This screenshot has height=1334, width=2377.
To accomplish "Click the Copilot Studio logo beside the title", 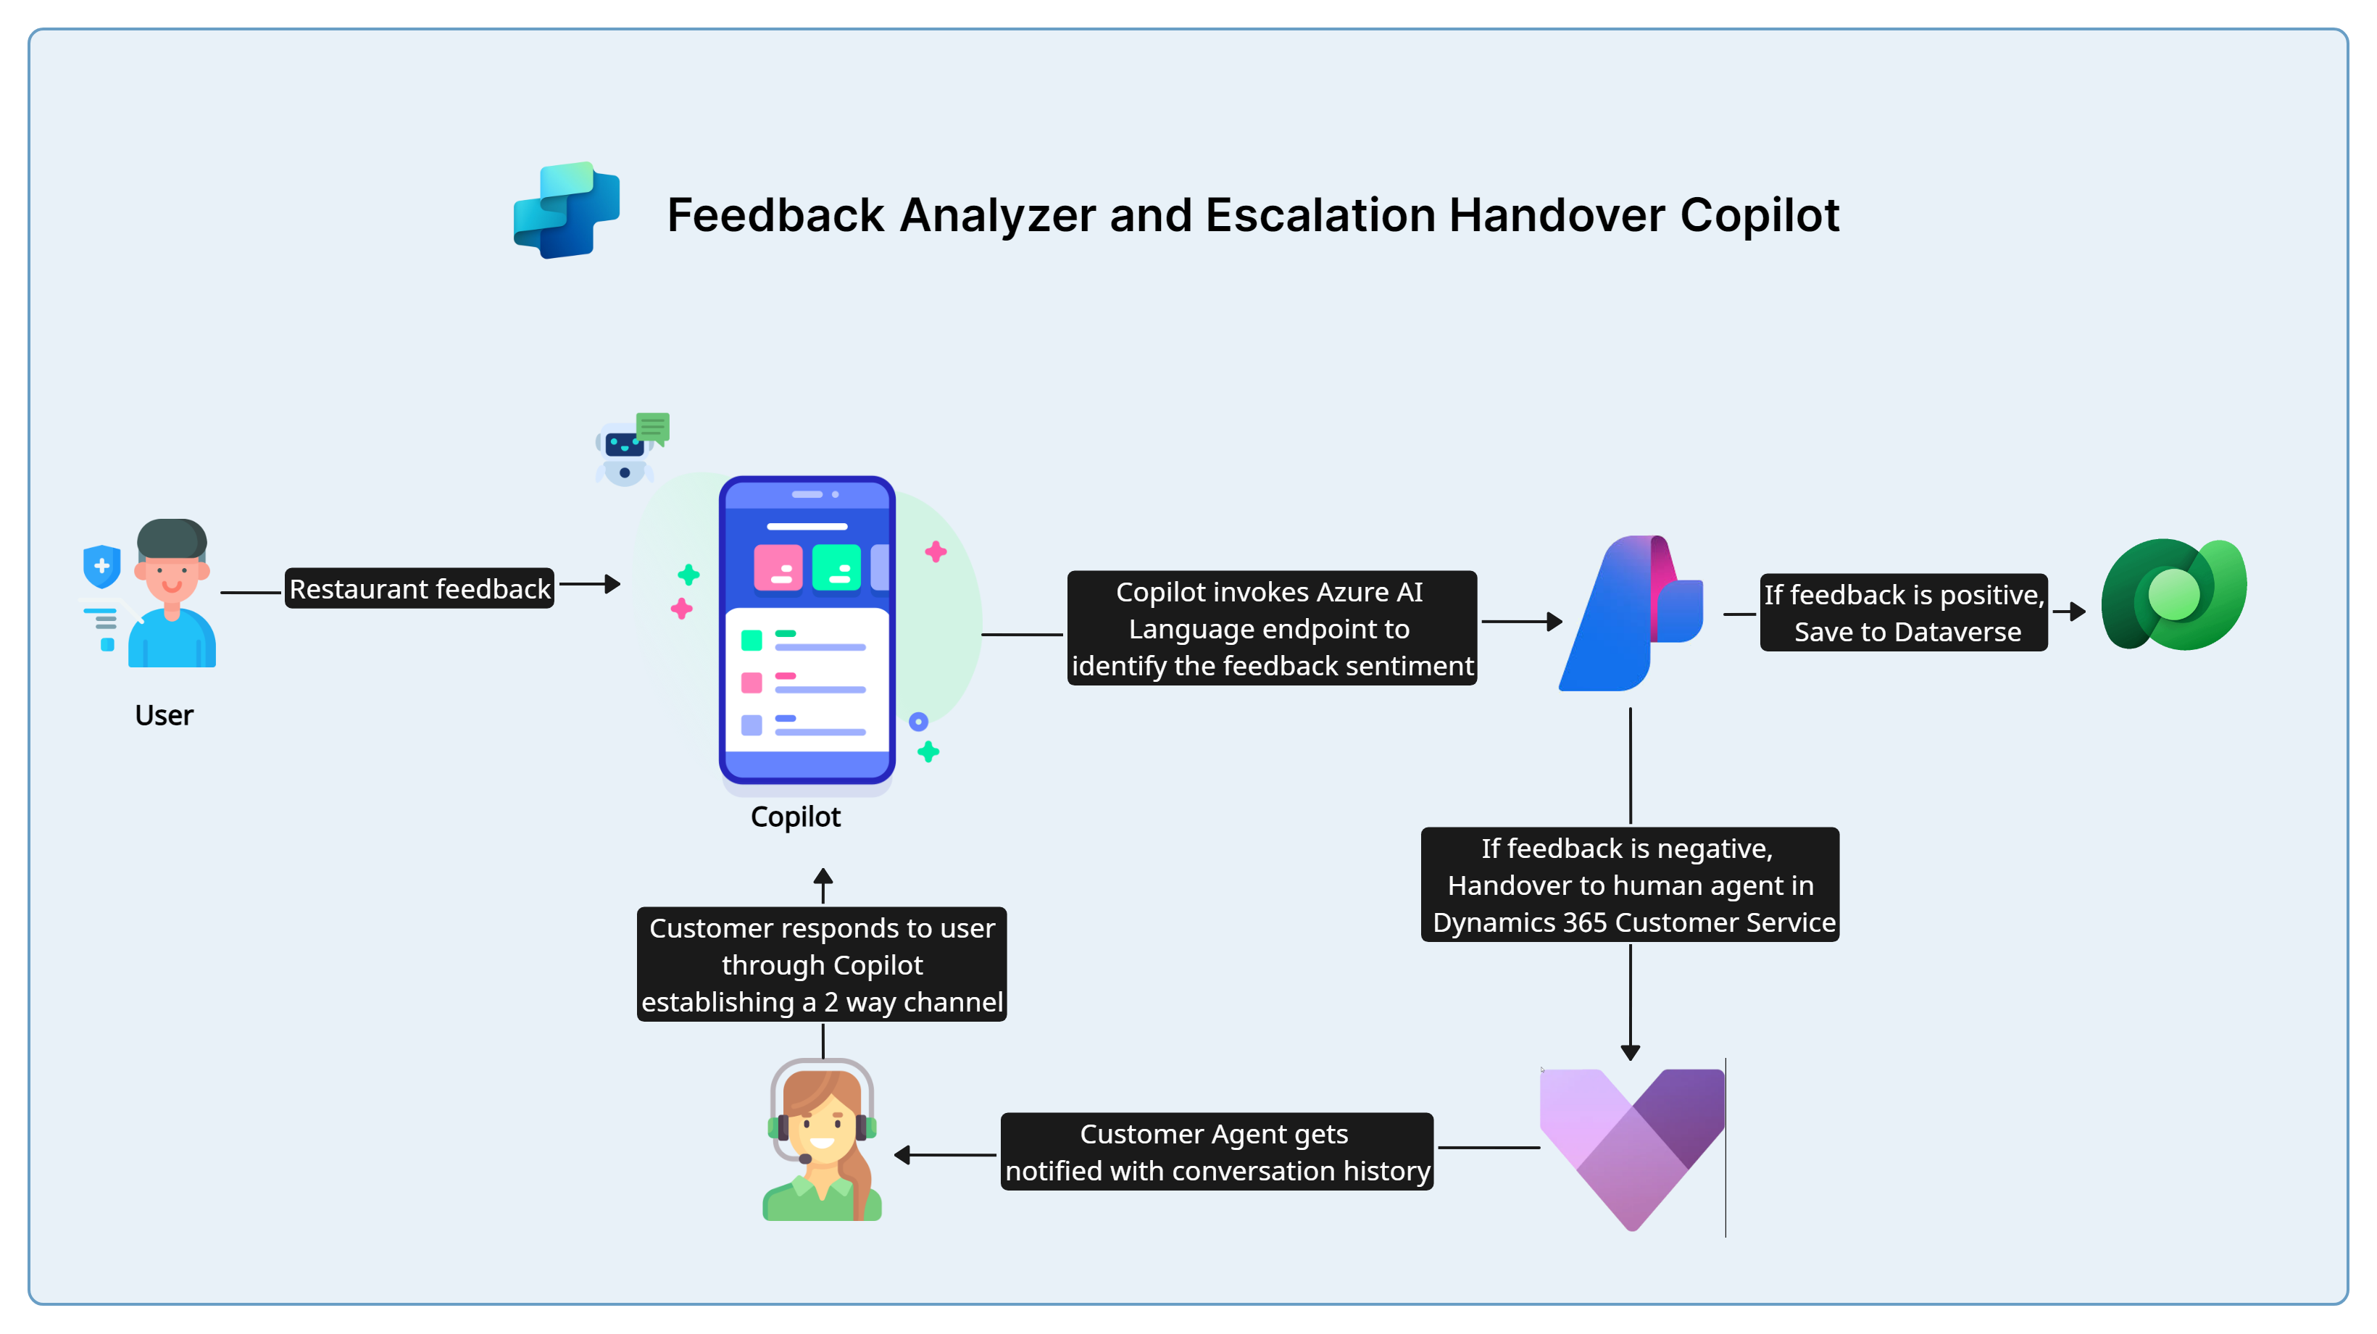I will pos(567,210).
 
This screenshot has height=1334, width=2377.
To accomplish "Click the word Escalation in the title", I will pos(1320,215).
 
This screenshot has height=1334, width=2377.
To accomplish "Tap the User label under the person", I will pos(165,716).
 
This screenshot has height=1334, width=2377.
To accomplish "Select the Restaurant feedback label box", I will pos(420,588).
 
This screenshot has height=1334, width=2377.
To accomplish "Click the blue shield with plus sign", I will pos(101,565).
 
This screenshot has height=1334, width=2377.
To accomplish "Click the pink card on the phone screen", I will pos(778,567).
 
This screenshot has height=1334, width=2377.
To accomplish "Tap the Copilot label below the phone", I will pos(796,817).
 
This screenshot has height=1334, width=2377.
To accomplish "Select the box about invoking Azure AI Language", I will pos(1272,628).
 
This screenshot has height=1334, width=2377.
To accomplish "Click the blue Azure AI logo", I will pos(1628,614).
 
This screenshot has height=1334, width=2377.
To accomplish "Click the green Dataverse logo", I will pos(2173,595).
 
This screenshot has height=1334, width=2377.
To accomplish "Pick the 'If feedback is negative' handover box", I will pos(1630,885).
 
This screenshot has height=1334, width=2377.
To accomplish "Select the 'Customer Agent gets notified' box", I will pos(1216,1152).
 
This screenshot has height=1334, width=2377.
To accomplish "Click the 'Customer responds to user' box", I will pos(821,964).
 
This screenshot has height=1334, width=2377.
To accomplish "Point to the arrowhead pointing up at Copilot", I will pos(823,877).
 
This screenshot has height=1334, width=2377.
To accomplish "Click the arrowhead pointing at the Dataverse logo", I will pos(2077,611).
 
